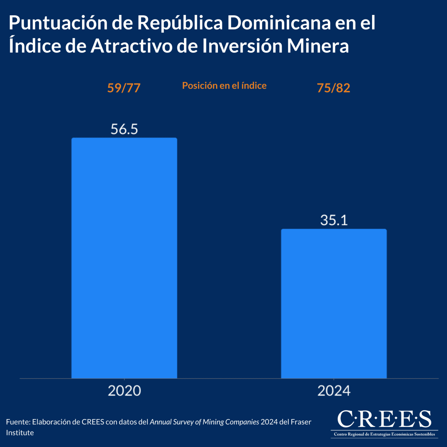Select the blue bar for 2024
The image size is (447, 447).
tap(334, 304)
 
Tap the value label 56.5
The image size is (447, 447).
tap(124, 129)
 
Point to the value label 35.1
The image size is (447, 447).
tap(334, 221)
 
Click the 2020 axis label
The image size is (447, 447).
tap(124, 391)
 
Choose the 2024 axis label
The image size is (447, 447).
tap(334, 391)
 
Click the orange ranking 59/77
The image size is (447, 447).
tap(124, 88)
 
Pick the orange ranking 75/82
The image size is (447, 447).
tap(333, 88)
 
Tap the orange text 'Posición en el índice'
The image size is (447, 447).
tap(224, 86)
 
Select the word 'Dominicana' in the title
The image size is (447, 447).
tap(279, 23)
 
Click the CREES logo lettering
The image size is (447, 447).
tap(384, 419)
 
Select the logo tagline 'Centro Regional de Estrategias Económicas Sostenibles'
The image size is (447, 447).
tap(384, 434)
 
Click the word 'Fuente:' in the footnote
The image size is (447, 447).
tap(18, 422)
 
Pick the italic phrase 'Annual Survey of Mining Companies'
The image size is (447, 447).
tap(204, 422)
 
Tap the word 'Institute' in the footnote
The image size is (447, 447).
tap(20, 433)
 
